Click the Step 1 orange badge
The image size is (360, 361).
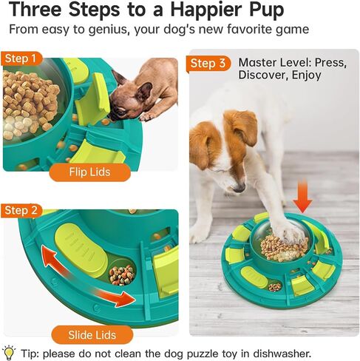(21, 58)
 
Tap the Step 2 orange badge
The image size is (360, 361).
(21, 210)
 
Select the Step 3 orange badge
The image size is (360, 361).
(208, 64)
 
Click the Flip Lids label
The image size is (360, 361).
(89, 172)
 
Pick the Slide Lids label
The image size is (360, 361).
(92, 335)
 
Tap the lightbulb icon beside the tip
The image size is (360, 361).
(10, 352)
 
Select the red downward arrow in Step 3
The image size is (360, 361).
(302, 197)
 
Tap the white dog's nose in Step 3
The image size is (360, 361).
(239, 188)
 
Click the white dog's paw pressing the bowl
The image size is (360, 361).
(291, 232)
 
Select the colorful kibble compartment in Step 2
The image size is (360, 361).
(123, 272)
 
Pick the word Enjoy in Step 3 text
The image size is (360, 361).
(306, 75)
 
